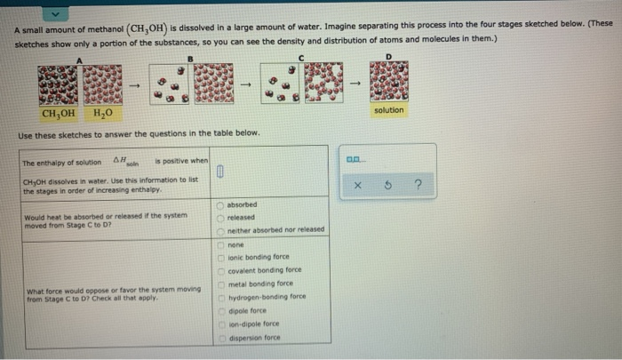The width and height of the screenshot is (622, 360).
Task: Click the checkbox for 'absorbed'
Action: (221, 204)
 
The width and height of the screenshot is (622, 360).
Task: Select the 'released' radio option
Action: (221, 216)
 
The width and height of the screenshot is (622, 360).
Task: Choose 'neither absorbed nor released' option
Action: (221, 229)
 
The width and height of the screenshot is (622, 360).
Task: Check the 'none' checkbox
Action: (221, 244)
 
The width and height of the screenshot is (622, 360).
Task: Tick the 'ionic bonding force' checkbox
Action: (221, 257)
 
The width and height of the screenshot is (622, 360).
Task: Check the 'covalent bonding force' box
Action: (221, 270)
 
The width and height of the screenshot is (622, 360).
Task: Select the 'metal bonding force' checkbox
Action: (221, 284)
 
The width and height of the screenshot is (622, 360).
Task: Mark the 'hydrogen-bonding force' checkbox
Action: (221, 297)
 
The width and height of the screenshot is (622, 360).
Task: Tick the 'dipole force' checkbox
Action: (221, 310)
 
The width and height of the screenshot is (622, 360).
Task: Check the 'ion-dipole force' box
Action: (221, 324)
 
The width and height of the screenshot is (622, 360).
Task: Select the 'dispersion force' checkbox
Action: (221, 338)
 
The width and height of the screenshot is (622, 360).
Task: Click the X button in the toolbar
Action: (355, 187)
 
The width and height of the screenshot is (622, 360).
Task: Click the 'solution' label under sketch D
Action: (388, 110)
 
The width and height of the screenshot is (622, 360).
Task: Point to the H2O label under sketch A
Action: (101, 114)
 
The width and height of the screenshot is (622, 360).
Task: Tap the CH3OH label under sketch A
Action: (59, 114)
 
